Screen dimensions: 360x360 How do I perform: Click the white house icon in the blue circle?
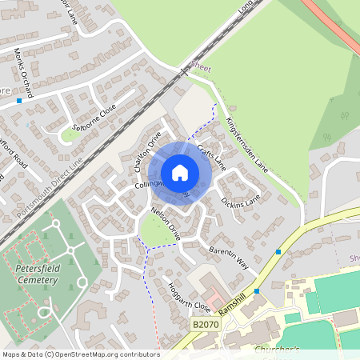click(180, 173)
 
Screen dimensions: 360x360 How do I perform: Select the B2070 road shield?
click(204, 325)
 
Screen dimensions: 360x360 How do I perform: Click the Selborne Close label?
click(93, 118)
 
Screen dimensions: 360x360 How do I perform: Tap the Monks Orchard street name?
click(23, 72)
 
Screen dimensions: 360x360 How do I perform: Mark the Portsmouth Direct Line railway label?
click(49, 189)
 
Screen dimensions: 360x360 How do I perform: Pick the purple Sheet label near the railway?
click(201, 69)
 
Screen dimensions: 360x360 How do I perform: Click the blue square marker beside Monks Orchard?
click(18, 101)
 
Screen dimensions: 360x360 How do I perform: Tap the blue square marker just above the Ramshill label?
click(256, 291)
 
